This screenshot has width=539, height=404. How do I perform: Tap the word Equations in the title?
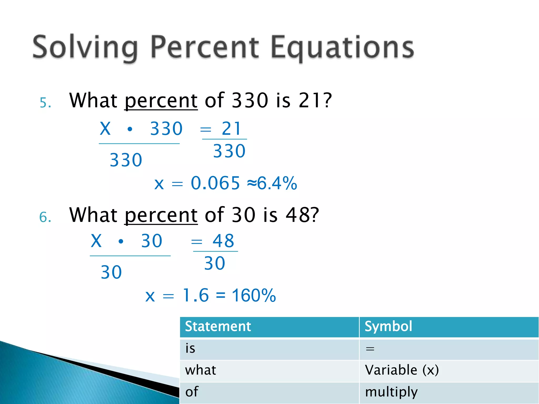[342, 47]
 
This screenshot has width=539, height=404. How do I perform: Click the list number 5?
[45, 103]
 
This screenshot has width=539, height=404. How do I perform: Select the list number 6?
[45, 218]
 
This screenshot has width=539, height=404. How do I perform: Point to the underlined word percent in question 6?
[161, 215]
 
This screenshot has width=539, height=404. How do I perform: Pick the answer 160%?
[254, 296]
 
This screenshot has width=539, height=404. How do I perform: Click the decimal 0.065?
[215, 183]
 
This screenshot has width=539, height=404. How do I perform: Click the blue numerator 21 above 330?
[231, 129]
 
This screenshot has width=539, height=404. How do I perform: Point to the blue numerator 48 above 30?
[223, 241]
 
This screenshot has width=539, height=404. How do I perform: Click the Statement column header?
[218, 327]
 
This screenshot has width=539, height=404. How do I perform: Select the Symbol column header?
[388, 327]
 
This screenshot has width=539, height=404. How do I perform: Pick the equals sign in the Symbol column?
[370, 349]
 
